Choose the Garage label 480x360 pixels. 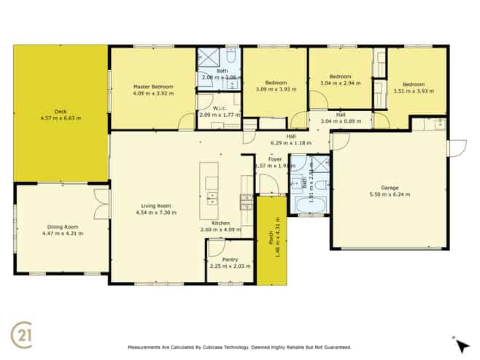[x=390, y=188]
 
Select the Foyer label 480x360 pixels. [x=275, y=158]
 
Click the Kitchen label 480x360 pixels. [x=221, y=223]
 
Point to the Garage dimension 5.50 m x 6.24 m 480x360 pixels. [x=390, y=195]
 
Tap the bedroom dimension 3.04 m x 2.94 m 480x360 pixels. [x=340, y=83]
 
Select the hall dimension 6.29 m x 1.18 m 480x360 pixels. [x=290, y=143]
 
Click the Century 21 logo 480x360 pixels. [x=23, y=333]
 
